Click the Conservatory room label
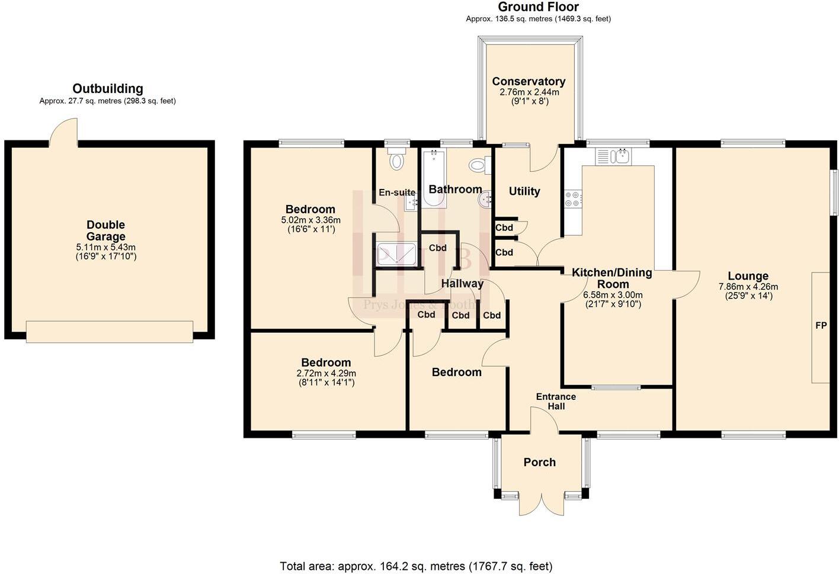529,82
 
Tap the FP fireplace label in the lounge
821,326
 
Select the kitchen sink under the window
614,156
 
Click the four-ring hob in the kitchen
573,198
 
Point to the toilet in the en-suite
396,161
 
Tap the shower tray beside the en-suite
396,254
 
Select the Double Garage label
105,230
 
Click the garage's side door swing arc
63,132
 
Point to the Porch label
539,463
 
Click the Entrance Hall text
556,401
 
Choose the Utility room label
524,191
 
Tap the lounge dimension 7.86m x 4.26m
748,287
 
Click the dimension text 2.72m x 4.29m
326,374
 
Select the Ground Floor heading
538,7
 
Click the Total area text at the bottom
416,566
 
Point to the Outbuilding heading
108,89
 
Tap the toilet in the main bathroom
478,165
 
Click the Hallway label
462,284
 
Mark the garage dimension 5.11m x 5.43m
105,248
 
